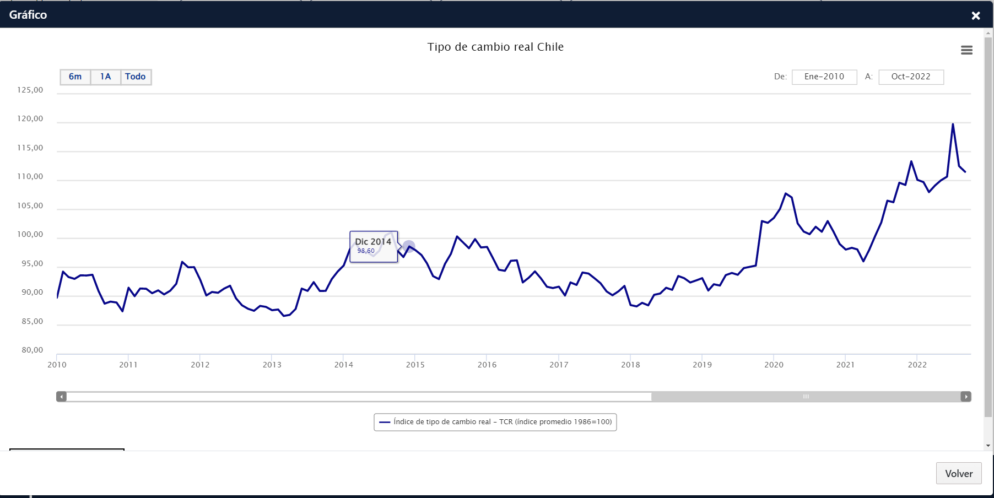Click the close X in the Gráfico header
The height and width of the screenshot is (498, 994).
coord(976,15)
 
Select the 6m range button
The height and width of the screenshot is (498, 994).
coord(75,77)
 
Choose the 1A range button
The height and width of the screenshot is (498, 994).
coord(106,77)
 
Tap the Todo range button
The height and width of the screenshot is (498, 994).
coord(136,77)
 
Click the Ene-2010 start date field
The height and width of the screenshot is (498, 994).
coord(824,77)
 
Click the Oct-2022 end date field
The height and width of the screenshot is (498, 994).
coord(911,77)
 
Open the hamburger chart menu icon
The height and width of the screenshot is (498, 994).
coord(966,50)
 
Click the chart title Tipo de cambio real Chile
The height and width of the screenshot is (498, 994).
coord(495,47)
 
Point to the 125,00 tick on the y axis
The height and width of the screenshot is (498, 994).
coord(30,90)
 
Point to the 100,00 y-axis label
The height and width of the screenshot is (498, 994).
coord(30,234)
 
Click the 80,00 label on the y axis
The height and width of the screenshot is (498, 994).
coord(33,350)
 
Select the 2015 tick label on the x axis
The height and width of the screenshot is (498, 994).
coord(415,365)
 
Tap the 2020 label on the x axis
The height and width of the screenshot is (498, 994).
coord(774,365)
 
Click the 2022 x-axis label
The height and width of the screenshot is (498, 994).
coord(917,365)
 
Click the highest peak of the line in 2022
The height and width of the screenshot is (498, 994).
coord(953,124)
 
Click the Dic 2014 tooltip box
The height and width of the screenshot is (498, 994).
coord(374,246)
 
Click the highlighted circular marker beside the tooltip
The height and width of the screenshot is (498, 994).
coord(408,246)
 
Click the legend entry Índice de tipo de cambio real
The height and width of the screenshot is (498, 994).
coord(495,422)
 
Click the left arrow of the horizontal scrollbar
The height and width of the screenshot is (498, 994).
coord(62,397)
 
